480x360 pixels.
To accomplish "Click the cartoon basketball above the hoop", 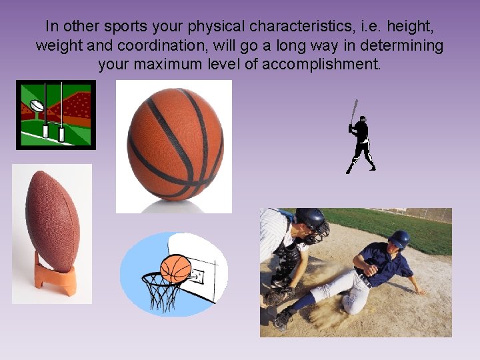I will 176,268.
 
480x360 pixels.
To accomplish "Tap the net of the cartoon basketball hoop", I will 159,293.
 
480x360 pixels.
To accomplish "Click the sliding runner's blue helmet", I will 399,239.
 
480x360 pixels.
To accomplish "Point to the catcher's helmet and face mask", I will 312,225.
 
